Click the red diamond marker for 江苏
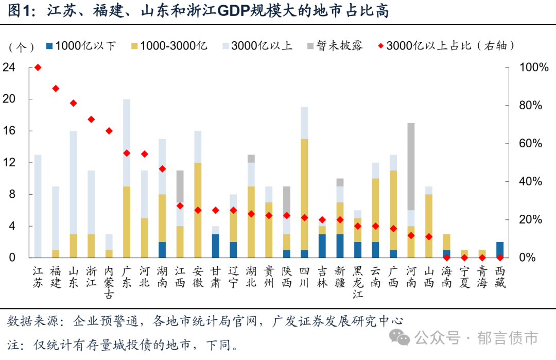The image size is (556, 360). tap(38, 67)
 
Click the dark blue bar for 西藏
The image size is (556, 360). tap(499, 249)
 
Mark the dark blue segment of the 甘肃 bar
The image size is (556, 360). tap(216, 246)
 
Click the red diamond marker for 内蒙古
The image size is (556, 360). tap(109, 131)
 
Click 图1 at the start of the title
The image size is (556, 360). tap(19, 11)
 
